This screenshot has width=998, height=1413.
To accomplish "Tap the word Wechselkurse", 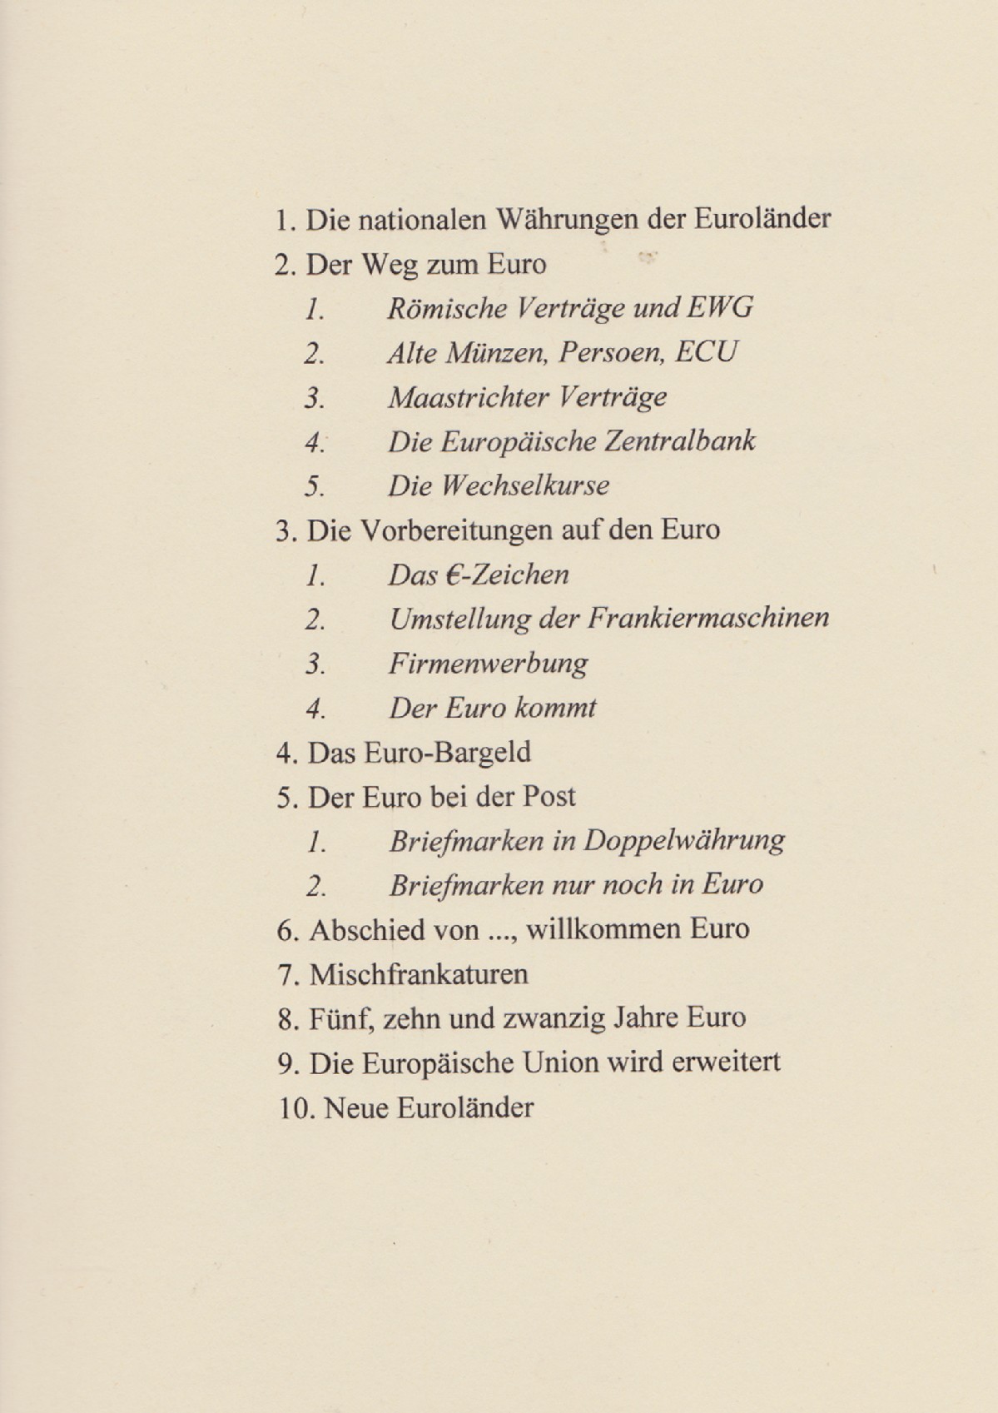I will click(x=534, y=485).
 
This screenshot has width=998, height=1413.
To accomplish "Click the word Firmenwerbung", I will click(x=488, y=664).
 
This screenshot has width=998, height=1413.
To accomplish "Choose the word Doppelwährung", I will click(x=683, y=841).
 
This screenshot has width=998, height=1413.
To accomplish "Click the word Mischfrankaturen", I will click(x=419, y=974).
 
